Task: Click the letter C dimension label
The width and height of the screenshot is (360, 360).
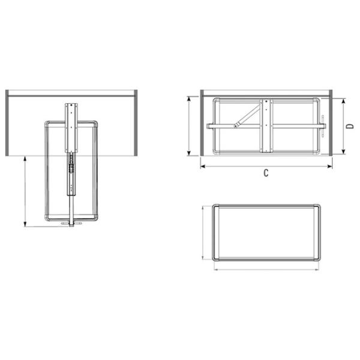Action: tap(266, 173)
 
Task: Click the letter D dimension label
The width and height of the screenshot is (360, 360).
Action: tap(350, 126)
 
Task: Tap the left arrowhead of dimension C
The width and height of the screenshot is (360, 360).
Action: tap(203, 166)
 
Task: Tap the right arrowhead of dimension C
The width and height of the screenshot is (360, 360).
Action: tap(330, 166)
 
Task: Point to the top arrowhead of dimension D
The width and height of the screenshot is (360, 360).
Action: tap(343, 101)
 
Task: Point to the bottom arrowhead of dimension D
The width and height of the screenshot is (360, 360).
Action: tap(343, 152)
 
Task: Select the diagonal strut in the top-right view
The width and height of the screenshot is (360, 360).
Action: tap(248, 115)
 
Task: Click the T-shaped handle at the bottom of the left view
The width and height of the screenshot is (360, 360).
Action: tap(71, 224)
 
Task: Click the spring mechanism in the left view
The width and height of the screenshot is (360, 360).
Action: tap(71, 164)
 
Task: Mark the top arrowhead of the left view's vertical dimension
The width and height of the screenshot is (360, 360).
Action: tap(25, 158)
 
